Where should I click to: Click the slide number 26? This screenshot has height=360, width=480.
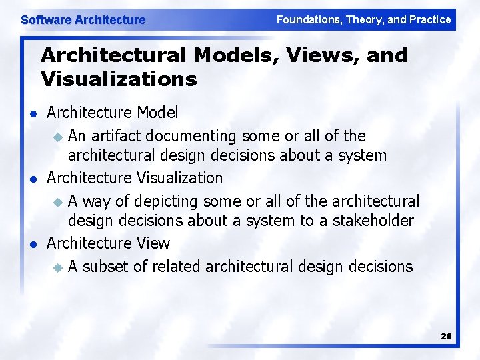pos(446,337)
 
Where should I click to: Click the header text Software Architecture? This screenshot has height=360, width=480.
pos(83,20)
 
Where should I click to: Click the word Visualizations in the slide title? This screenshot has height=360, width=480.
pos(119,79)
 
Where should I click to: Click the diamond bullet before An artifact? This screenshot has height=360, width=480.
pos(57,137)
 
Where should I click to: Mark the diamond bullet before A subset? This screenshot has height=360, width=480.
pos(57,268)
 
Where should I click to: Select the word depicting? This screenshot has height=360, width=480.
pos(167,201)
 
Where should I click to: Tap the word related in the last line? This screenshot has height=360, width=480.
pos(177,267)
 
